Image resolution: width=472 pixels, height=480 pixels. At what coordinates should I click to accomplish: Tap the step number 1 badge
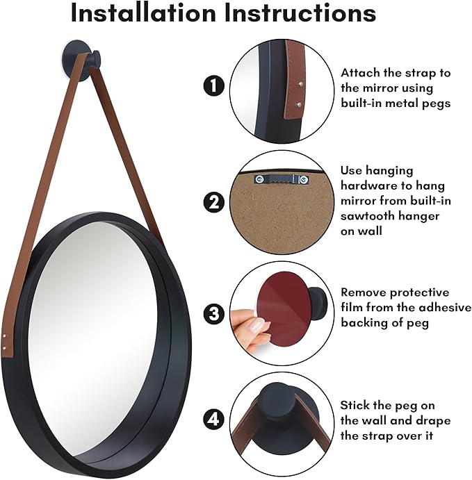(x=213, y=87)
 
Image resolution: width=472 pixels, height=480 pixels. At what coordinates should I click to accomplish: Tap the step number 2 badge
(x=213, y=203)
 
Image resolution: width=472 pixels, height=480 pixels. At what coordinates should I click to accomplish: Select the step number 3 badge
(x=213, y=314)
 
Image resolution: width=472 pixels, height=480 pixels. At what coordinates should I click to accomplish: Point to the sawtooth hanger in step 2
(x=282, y=179)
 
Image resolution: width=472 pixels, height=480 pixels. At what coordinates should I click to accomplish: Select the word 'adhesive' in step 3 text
(x=446, y=307)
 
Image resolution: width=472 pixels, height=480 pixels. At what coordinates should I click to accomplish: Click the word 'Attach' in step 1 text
(x=359, y=72)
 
